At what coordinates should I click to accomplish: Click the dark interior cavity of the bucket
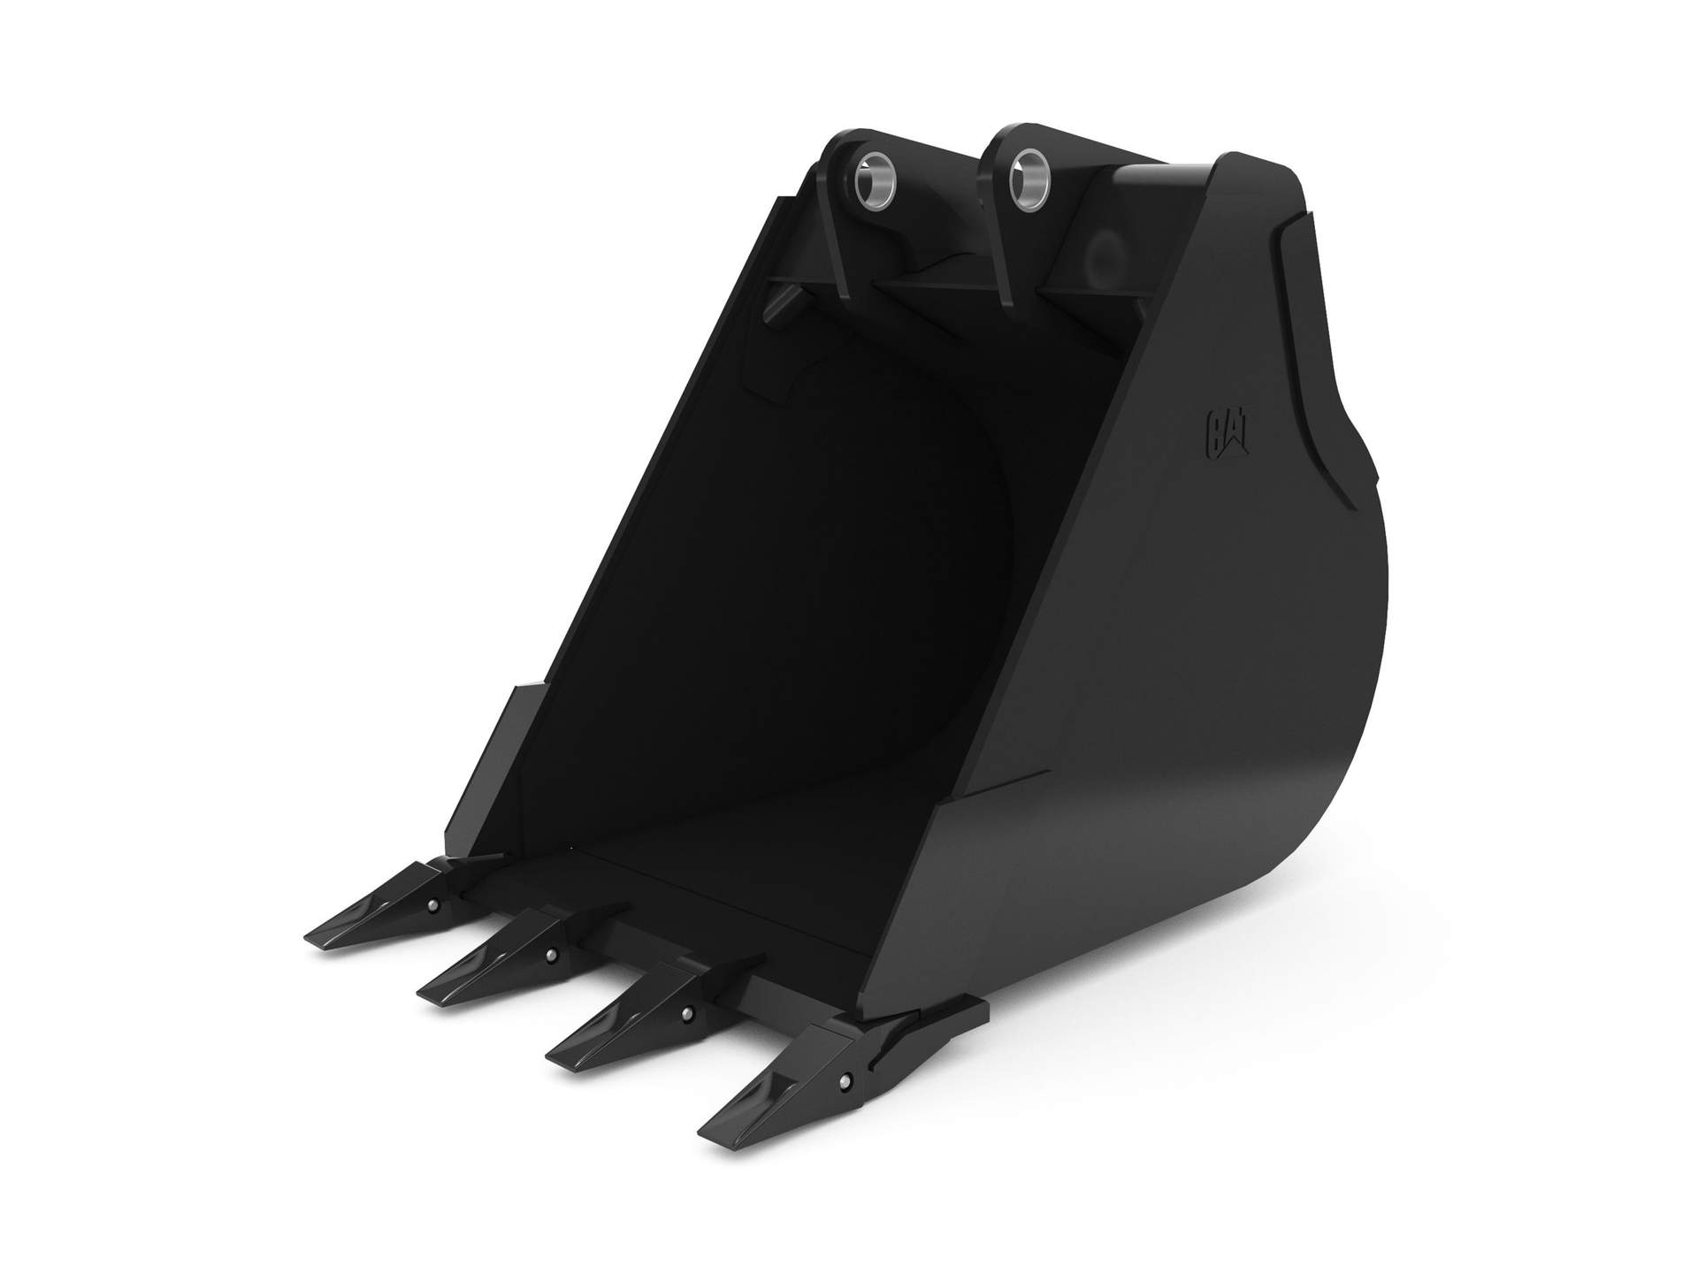click(796, 575)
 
